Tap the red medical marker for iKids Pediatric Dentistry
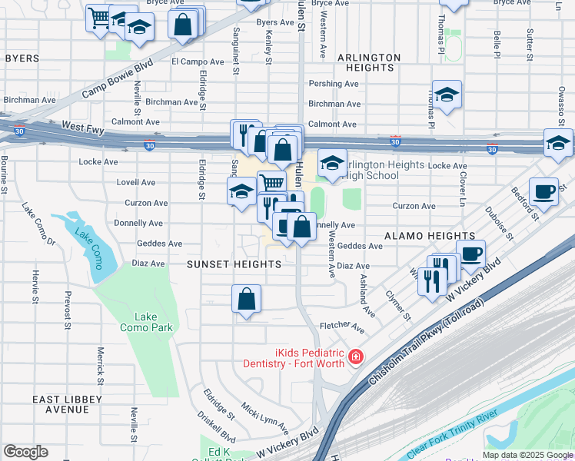(355, 357)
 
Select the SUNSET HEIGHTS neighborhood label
(234, 264)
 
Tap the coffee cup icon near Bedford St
(543, 191)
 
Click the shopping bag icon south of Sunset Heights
(246, 299)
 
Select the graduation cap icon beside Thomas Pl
(447, 95)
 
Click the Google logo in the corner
(25, 452)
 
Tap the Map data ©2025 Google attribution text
(527, 455)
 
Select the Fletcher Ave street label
(342, 327)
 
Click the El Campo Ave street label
(195, 61)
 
